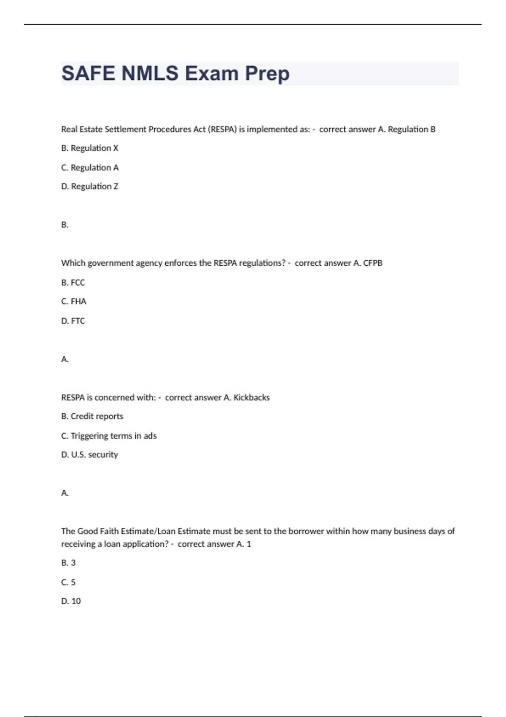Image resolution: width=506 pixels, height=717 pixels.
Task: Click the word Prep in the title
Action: tap(267, 74)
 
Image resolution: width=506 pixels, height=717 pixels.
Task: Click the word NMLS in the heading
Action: tap(150, 73)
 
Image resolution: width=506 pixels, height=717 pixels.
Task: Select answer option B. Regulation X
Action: tap(90, 148)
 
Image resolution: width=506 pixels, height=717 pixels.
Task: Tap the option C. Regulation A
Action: tap(90, 167)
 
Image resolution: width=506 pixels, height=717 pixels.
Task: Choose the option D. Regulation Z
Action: tap(90, 186)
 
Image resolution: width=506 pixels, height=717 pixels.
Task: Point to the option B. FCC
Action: tap(73, 283)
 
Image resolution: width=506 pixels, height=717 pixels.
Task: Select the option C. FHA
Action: tap(74, 302)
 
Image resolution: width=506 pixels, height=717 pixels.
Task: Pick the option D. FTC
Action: tap(73, 321)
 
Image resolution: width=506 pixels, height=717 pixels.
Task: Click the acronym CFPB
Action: tap(373, 263)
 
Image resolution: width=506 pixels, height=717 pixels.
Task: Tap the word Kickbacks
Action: tap(251, 398)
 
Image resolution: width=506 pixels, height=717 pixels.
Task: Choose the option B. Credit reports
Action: tap(92, 416)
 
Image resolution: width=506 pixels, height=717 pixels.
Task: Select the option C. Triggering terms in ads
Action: tap(109, 436)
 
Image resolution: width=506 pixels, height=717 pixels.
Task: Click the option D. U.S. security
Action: tap(89, 455)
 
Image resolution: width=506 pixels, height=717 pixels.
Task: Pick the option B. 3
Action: tap(68, 563)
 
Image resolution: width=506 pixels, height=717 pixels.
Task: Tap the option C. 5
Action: tap(68, 582)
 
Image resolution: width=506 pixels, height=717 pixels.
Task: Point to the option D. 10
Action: tap(71, 601)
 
